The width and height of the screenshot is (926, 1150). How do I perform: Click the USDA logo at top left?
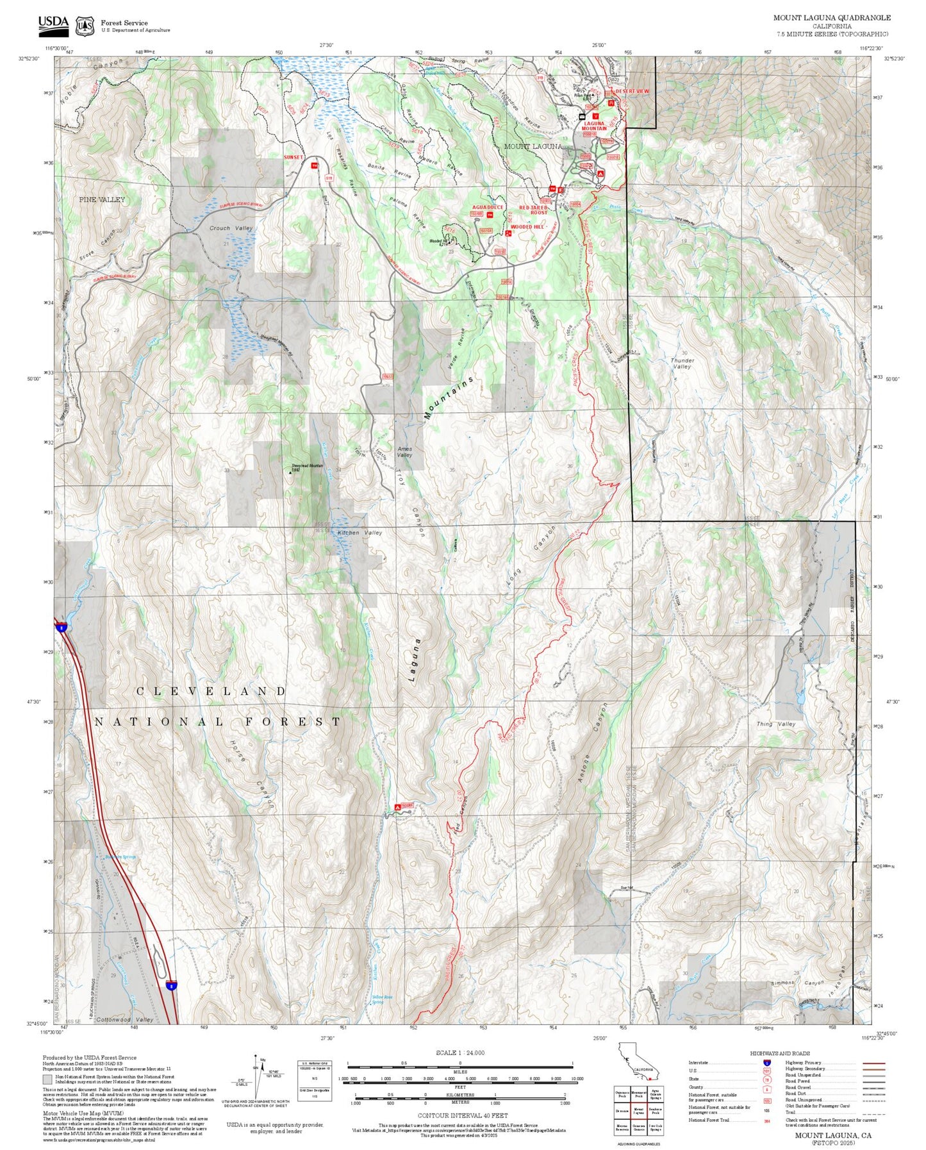(53, 25)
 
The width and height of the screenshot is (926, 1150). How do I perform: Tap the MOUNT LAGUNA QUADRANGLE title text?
(831, 18)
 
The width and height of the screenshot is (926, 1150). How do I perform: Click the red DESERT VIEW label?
(632, 92)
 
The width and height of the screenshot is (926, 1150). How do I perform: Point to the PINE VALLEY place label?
(102, 200)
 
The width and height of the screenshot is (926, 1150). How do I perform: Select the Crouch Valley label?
(231, 228)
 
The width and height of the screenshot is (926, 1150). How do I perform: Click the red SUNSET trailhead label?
(294, 157)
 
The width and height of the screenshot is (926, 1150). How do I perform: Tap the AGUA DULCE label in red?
(488, 208)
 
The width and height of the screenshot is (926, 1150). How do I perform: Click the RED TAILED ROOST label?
(533, 210)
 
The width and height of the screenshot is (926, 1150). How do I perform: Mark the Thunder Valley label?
(682, 363)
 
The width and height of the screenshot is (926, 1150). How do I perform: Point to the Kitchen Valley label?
(360, 533)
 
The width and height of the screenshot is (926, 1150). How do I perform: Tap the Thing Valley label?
(775, 724)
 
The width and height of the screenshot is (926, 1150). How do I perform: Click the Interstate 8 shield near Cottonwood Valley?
(171, 987)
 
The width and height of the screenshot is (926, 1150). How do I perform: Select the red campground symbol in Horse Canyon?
(398, 807)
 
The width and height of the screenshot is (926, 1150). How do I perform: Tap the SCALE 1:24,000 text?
(459, 1053)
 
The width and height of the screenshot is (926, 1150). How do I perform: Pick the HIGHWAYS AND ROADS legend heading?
(779, 1053)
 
